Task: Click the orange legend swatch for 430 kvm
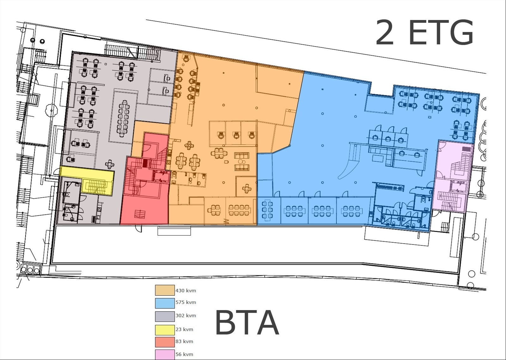coord(165,290)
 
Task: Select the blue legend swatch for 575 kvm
coord(165,303)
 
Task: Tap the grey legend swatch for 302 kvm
coord(165,316)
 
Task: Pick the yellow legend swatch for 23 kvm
coord(165,330)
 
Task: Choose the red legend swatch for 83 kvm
coord(165,342)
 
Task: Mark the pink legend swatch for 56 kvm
coord(165,354)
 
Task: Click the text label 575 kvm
coord(186,302)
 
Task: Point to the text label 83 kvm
coord(184,342)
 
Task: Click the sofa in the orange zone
coord(242,155)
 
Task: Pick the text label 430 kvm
coord(186,290)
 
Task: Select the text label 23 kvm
coord(184,330)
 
